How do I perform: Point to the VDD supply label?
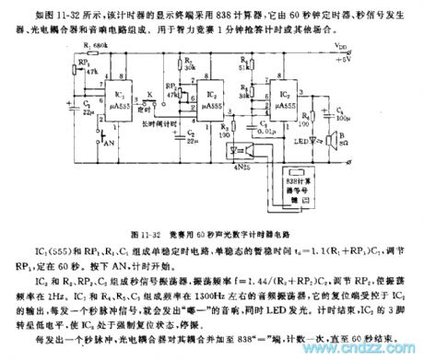coord(367,43)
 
